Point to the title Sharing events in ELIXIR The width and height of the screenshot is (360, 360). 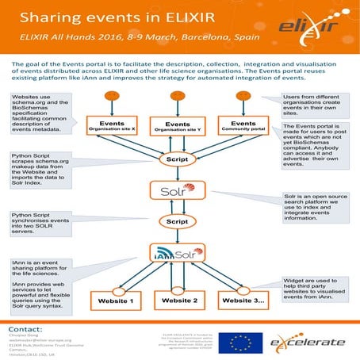click(x=101, y=16)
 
